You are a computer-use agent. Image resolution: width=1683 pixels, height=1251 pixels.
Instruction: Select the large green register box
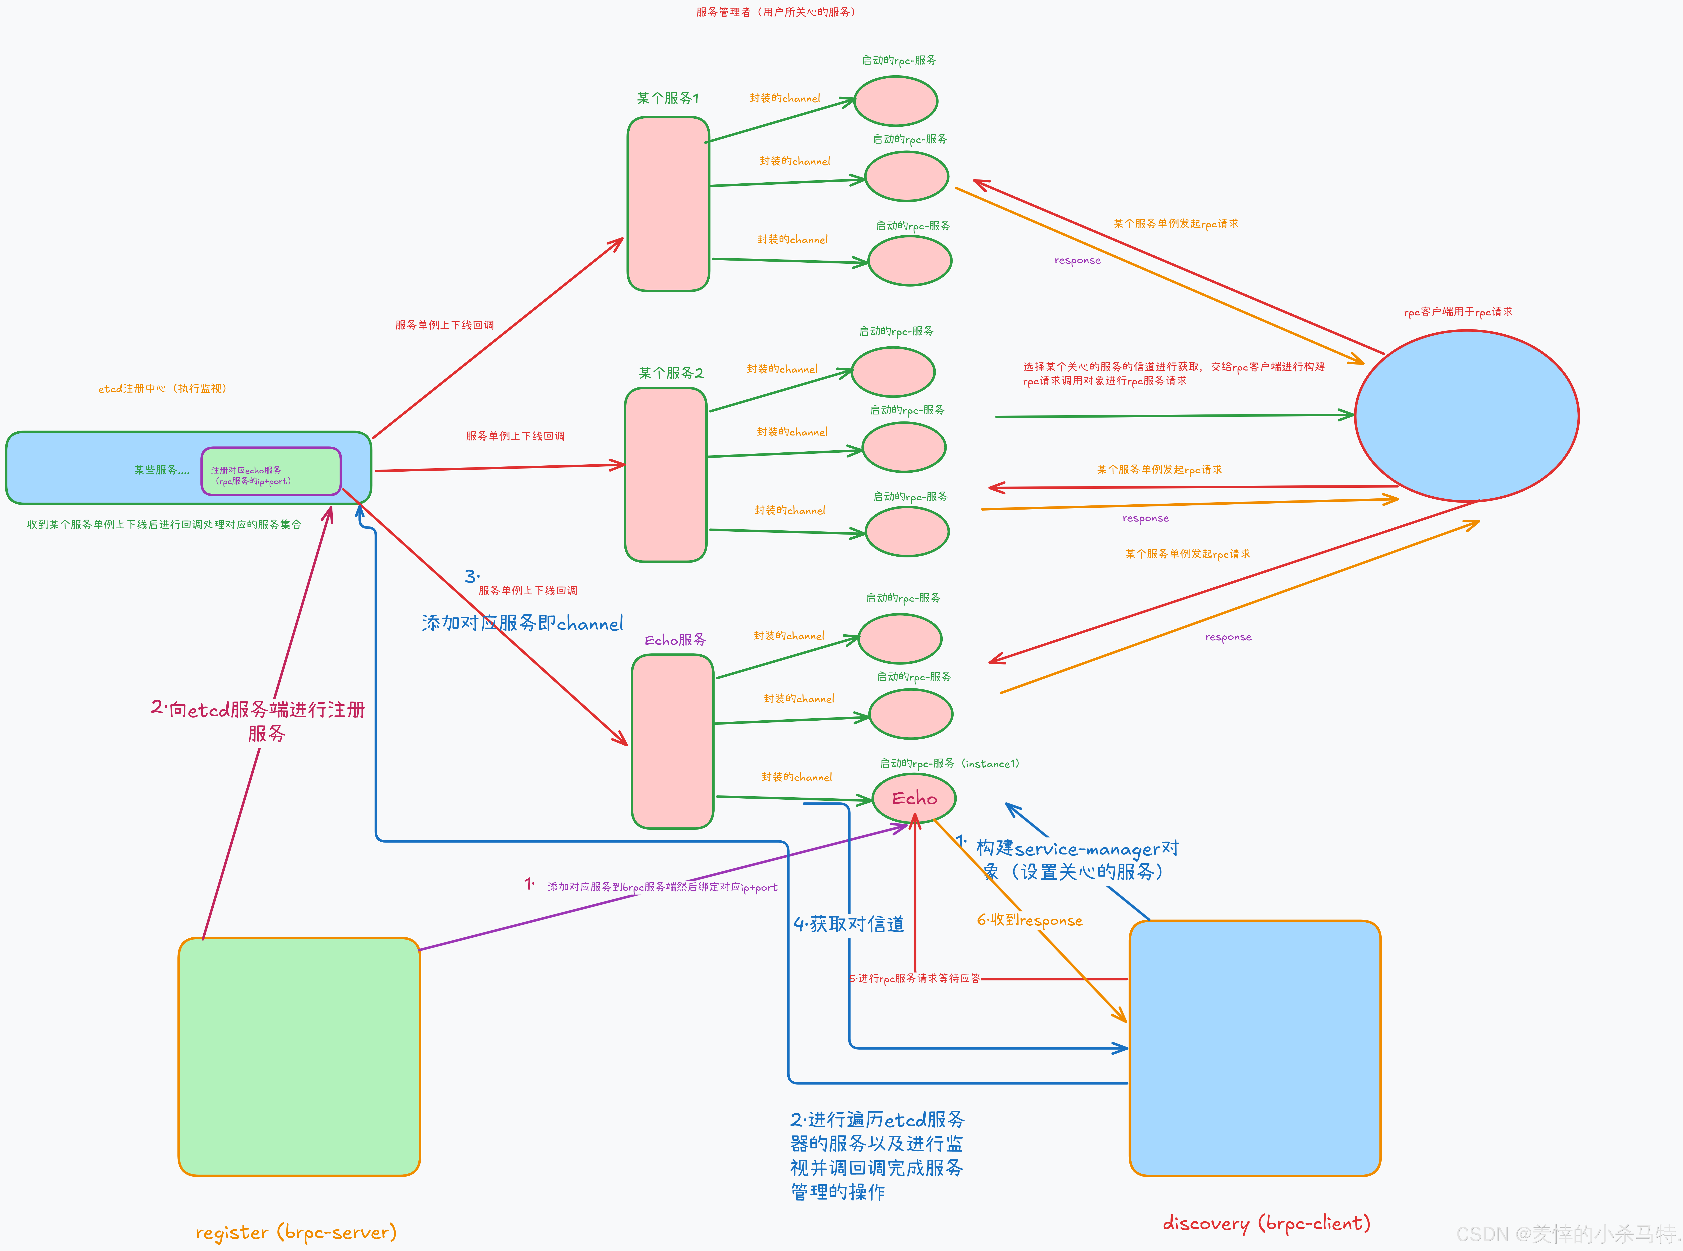[299, 1056]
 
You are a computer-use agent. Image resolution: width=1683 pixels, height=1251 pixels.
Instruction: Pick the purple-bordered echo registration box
[271, 472]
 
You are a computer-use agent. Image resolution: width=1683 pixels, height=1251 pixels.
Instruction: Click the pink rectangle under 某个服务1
[668, 204]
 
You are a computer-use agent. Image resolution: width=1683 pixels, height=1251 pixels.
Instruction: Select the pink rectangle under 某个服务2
[665, 475]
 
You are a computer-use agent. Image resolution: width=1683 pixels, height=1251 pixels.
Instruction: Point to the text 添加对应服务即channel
[522, 623]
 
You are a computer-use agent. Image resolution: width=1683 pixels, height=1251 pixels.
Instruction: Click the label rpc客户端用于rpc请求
[1457, 312]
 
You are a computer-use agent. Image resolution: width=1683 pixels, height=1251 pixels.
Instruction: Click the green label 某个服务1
[668, 98]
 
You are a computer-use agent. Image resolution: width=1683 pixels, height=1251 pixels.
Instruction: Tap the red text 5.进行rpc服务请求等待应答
[915, 978]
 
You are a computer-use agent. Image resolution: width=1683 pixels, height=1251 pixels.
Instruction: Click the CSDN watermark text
[1567, 1234]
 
